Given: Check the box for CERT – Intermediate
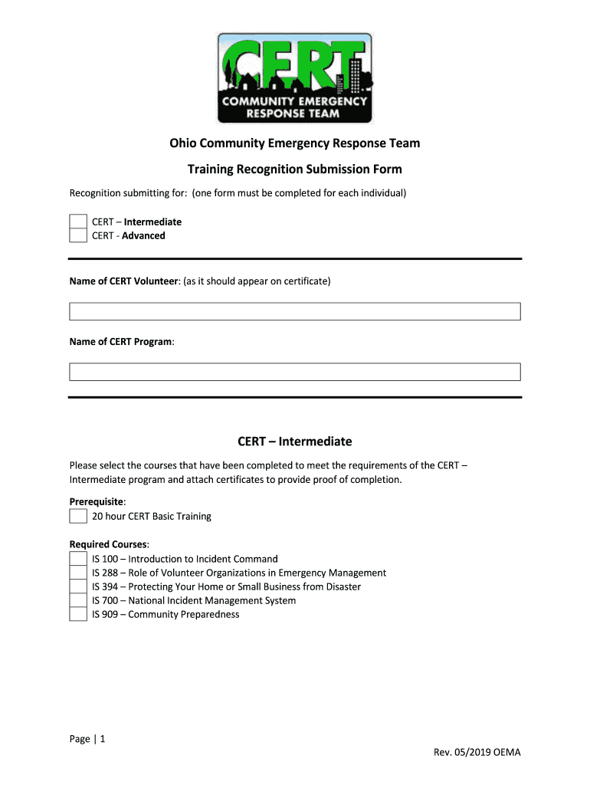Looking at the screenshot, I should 78,222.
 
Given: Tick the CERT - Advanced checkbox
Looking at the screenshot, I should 78,235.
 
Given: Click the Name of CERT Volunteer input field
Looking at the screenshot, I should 295,311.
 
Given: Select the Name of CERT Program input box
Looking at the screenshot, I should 295,372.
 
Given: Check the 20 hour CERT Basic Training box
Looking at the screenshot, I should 78,516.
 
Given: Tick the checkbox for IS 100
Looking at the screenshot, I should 78,559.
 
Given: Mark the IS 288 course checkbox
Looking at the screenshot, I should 78,573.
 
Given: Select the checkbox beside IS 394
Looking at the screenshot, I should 78,586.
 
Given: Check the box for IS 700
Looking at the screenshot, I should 78,600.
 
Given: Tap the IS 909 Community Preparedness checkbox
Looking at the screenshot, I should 78,614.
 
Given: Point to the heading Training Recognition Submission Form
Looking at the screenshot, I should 295,169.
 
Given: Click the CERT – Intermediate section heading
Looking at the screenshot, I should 295,442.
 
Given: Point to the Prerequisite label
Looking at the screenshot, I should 97,501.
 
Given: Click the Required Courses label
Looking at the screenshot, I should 109,545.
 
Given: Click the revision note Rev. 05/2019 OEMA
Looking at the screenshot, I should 477,752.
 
